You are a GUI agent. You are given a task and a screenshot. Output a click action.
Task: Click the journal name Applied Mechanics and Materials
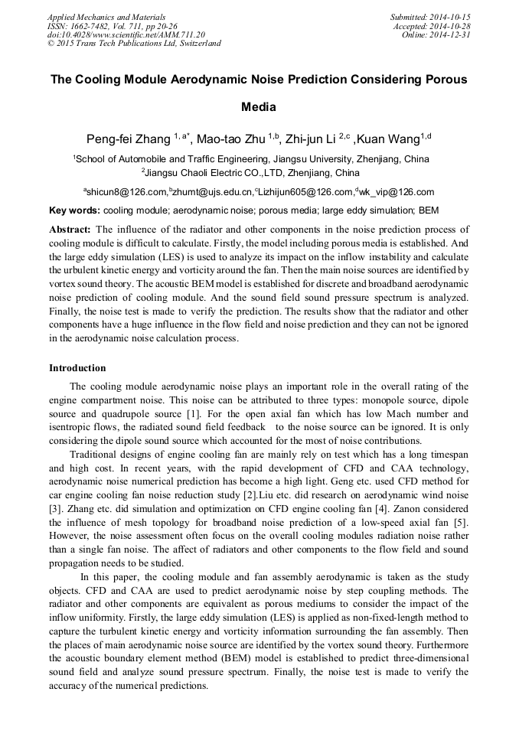point(106,16)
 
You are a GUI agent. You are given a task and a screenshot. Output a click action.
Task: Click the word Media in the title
point(259,107)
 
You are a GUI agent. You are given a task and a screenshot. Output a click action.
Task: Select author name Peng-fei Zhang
point(128,139)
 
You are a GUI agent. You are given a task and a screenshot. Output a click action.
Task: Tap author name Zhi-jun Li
point(310,139)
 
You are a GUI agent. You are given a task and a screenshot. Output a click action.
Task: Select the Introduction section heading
point(77,368)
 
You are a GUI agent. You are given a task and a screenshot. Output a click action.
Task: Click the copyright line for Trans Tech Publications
point(134,44)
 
